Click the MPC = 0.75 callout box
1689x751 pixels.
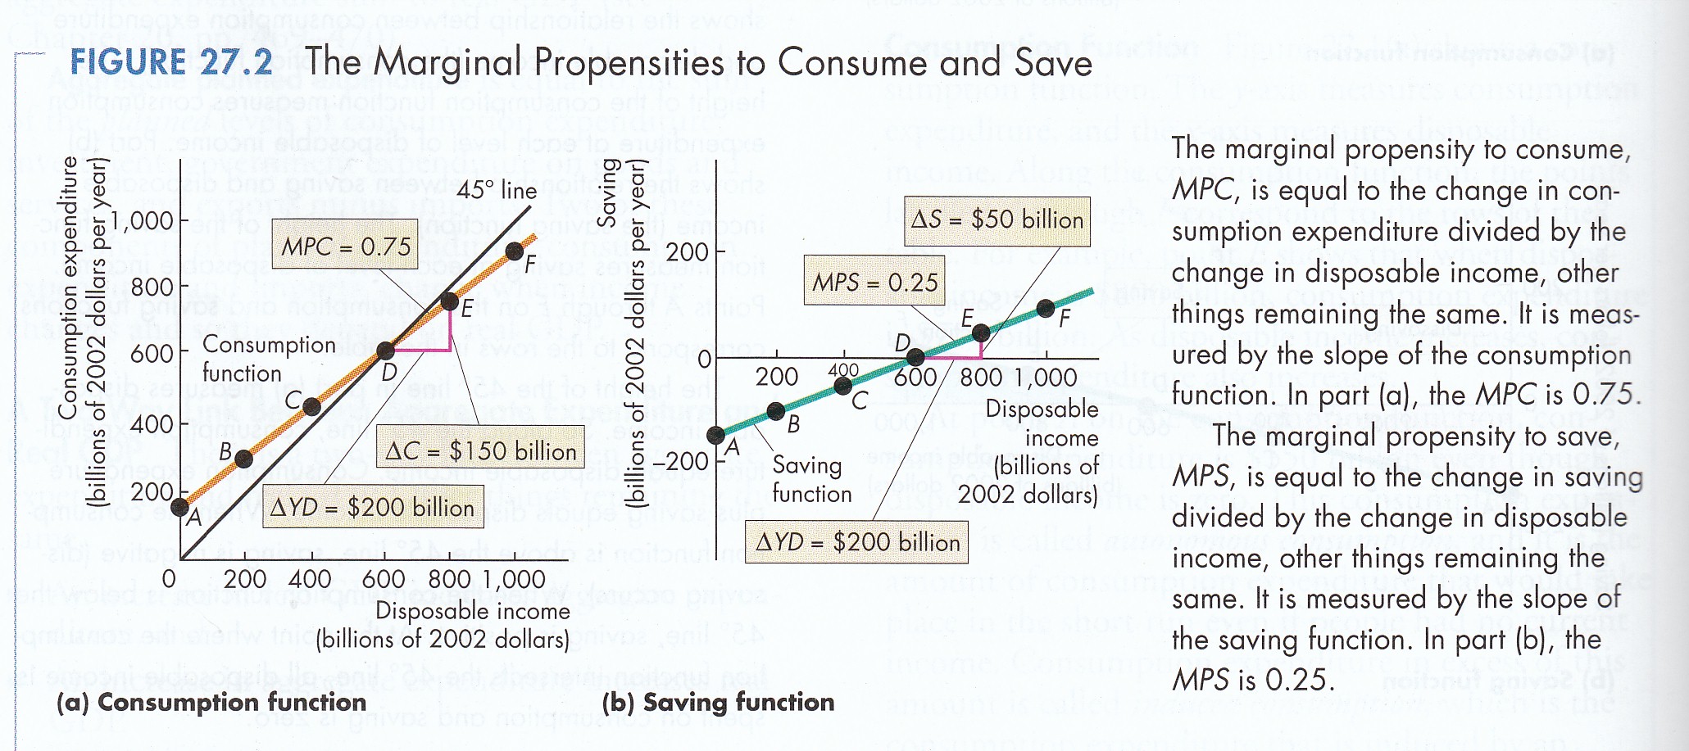[346, 245]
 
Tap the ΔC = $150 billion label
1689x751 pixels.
[480, 450]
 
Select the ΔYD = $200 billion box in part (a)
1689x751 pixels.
[372, 508]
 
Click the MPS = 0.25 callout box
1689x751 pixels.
[874, 281]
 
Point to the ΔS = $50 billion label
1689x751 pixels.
[997, 219]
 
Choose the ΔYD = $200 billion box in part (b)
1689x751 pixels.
[856, 541]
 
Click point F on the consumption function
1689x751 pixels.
[514, 251]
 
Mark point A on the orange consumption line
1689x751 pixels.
[180, 507]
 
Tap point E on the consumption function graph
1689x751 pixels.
[449, 301]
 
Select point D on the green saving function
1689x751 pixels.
[915, 357]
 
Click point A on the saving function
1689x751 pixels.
[715, 435]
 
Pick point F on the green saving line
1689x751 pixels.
[1045, 308]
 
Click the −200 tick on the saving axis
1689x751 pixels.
[680, 461]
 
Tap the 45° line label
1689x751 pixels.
[497, 190]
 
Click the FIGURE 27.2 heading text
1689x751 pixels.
[170, 62]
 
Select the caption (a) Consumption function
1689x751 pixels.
[211, 702]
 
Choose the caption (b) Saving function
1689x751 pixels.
[718, 702]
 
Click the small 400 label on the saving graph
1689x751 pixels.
[842, 370]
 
